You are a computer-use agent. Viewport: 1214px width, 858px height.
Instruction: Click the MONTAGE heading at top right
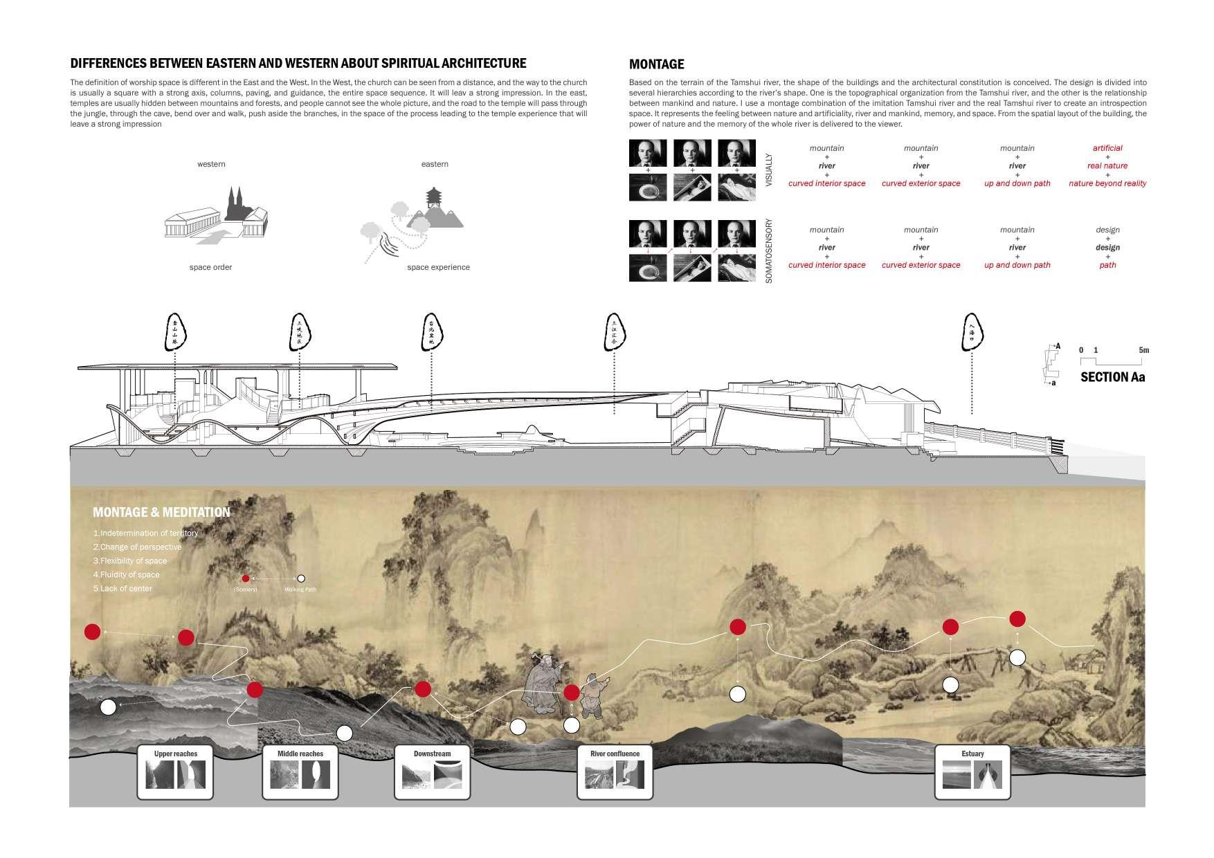(656, 64)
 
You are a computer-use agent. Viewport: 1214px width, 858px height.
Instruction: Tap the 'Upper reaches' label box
(176, 771)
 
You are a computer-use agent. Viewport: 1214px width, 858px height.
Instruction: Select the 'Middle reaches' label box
(300, 771)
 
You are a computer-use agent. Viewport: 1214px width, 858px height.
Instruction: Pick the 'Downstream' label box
(432, 771)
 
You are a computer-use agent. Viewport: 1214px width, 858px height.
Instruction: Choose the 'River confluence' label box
(615, 771)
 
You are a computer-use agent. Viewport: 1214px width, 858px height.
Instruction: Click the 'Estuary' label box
(972, 771)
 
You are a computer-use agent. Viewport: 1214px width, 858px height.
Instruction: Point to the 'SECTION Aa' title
(1112, 377)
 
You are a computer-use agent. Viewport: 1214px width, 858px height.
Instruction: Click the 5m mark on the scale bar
(1143, 350)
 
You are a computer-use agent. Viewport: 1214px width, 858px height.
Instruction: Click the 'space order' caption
(210, 267)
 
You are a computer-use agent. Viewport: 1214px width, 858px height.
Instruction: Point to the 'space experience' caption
(438, 267)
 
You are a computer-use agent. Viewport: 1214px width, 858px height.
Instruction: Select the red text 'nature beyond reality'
(1107, 183)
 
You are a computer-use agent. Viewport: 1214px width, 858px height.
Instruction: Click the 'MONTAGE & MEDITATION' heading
(161, 512)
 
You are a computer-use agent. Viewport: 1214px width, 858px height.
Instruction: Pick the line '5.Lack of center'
(123, 588)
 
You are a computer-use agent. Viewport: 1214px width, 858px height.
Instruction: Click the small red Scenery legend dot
(245, 578)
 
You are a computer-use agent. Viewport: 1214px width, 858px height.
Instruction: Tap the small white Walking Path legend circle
(300, 578)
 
